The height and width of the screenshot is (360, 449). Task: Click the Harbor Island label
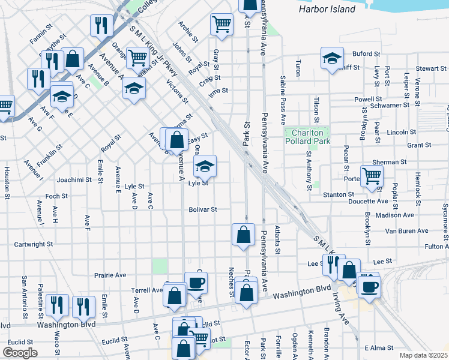coord(327,10)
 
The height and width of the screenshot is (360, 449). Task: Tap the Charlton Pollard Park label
coord(307,137)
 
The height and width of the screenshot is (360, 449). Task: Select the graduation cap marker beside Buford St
coord(332,58)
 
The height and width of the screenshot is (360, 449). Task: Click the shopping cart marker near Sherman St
coord(372,176)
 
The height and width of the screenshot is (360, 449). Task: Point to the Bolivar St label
coord(202,209)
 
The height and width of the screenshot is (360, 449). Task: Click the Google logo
coord(20,353)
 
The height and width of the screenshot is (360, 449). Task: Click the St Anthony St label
coord(309,170)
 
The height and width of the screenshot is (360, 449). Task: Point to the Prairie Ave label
coord(110,275)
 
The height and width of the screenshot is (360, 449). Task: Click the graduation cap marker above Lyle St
coord(205,166)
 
